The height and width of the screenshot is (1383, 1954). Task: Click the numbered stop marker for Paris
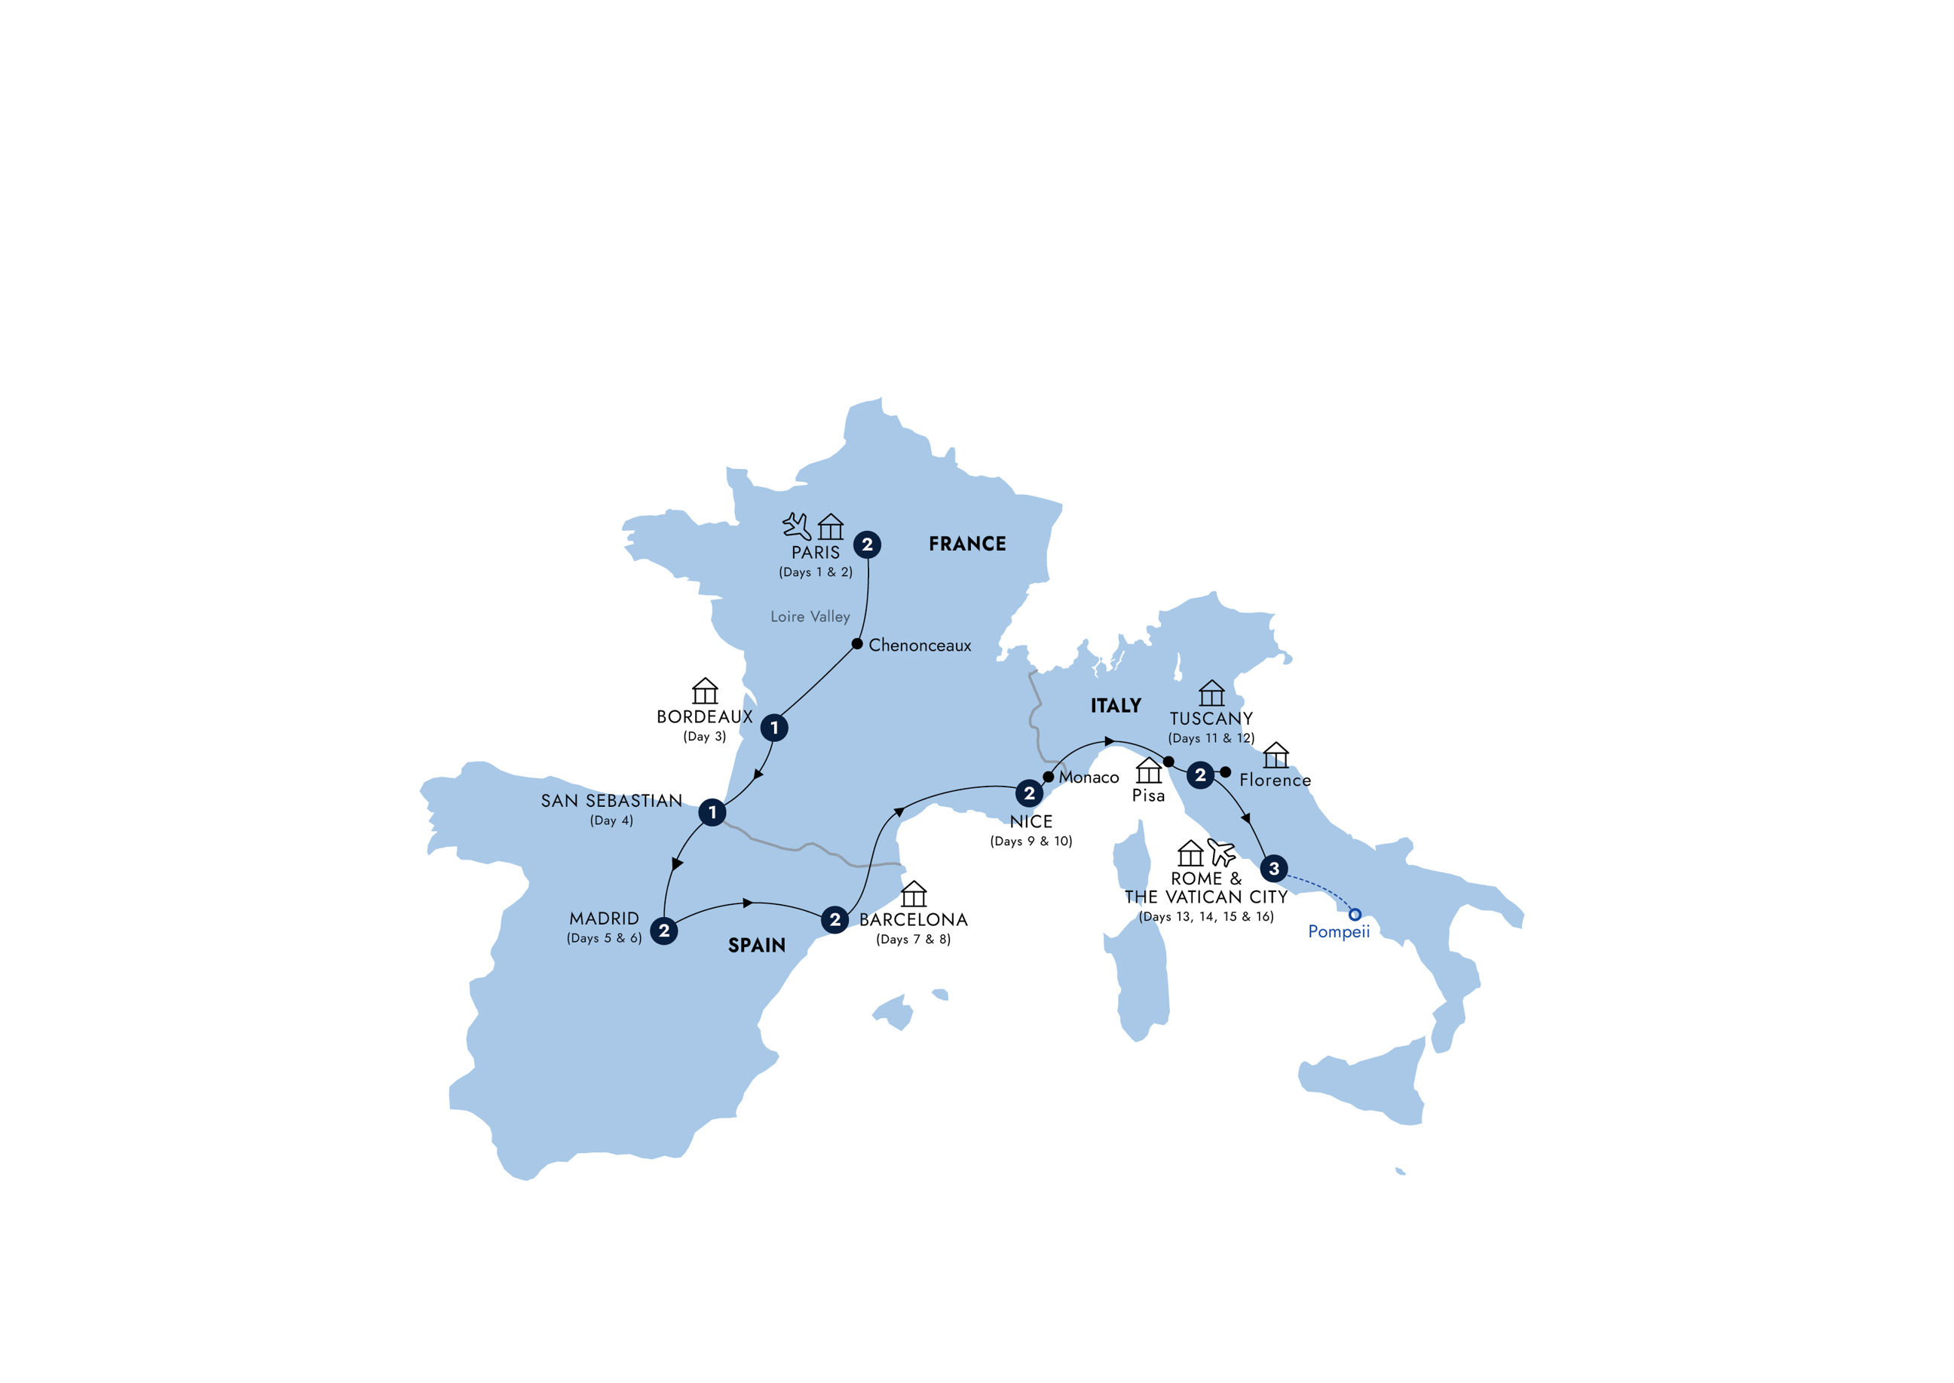867,544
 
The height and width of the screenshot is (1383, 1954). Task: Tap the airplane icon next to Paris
796,526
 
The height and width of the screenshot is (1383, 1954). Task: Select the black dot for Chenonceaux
857,644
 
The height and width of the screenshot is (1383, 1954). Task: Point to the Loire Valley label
810,617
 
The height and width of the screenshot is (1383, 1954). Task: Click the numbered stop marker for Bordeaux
774,727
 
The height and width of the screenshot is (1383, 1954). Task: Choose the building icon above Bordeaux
705,691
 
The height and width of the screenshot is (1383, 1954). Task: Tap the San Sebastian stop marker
712,812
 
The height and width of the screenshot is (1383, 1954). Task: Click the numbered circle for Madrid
664,931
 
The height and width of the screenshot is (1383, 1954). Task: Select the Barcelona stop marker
835,919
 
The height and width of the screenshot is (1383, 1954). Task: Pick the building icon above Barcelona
914,894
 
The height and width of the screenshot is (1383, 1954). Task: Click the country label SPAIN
757,946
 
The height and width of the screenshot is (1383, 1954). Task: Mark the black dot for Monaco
1049,777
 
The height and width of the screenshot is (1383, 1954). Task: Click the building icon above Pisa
1149,770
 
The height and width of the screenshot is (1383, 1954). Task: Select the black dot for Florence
1225,772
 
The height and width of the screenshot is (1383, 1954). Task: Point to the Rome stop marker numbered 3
1274,869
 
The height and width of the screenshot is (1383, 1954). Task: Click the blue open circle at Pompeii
1355,915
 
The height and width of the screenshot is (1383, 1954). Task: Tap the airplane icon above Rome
1222,852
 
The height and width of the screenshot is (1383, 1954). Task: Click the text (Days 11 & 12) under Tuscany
1211,738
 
